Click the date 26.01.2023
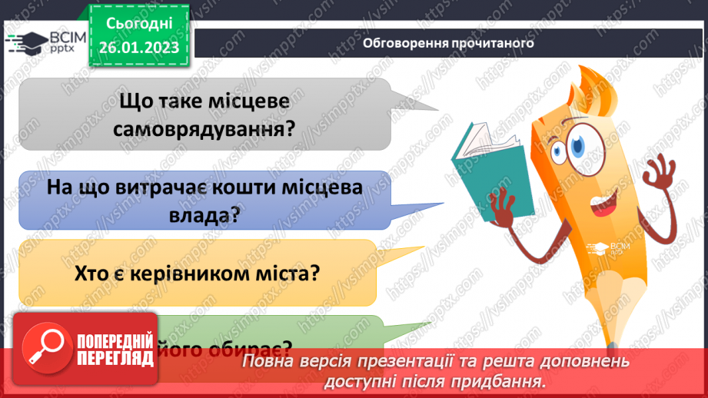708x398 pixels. [x=138, y=47]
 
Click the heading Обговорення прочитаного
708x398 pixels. [x=449, y=43]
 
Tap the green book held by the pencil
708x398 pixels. [x=491, y=164]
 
